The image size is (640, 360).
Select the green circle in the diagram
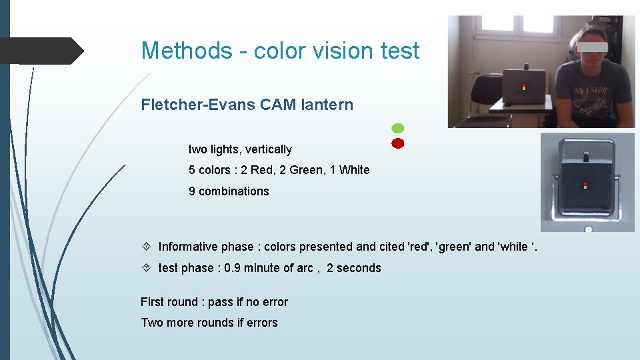[x=397, y=127]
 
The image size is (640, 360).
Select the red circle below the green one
[x=397, y=143]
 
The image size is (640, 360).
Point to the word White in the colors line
[x=354, y=170]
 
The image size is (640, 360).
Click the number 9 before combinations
[x=192, y=191]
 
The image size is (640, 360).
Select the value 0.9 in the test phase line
[x=233, y=268]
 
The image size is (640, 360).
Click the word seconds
[x=359, y=268]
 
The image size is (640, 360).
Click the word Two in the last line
[x=151, y=323]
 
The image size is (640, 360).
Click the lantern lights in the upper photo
[x=524, y=87]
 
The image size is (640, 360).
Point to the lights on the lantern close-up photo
[x=585, y=185]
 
